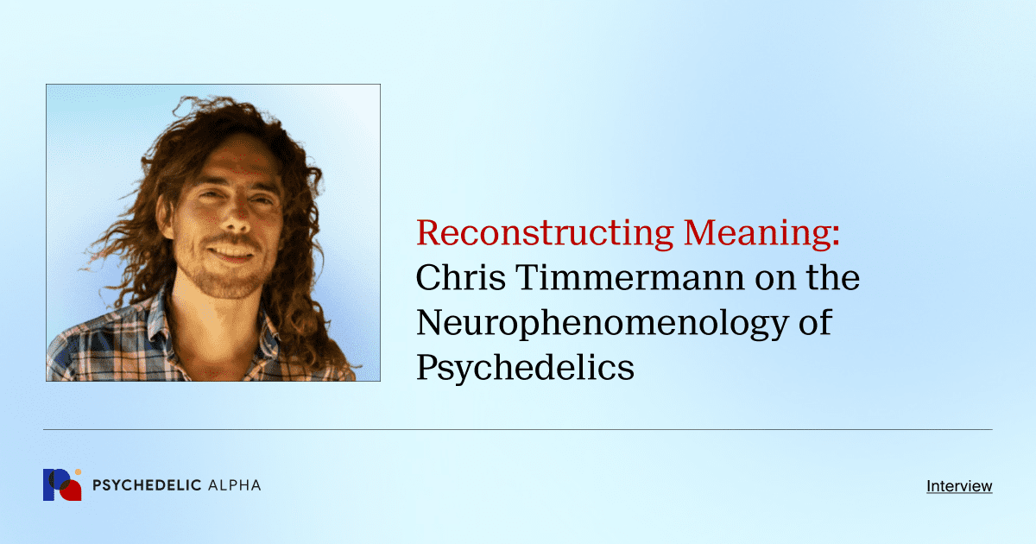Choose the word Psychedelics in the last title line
pos(525,369)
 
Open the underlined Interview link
pos(959,486)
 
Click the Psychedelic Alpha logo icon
pos(61,485)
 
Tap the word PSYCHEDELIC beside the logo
pos(146,485)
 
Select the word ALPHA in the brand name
pos(234,485)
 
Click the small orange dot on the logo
pos(78,472)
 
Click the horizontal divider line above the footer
pos(518,429)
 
